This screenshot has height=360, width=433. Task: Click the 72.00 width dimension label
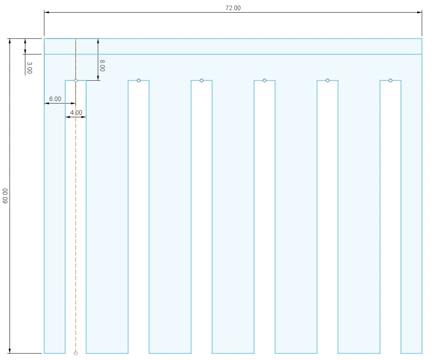click(233, 8)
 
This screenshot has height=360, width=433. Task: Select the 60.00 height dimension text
click(5, 196)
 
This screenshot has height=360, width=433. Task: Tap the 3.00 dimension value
click(29, 68)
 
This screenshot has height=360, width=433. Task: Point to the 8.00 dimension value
click(102, 65)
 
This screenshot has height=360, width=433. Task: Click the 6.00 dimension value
click(55, 99)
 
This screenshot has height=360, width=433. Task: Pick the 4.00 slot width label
click(76, 112)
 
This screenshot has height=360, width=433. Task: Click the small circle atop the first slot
click(75, 80)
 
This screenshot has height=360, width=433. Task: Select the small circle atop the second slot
click(138, 80)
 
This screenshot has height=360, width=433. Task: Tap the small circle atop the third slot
click(201, 80)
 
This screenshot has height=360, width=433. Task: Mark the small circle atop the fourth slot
click(265, 80)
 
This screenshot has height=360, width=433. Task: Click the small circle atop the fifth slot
click(327, 80)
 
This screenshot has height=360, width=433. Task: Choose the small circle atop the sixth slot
click(390, 80)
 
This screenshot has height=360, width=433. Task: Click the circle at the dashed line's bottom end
click(75, 353)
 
